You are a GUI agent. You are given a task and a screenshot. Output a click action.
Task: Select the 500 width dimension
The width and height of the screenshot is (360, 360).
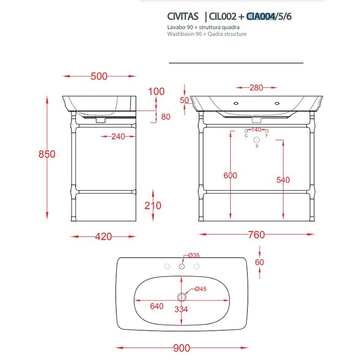click(99, 76)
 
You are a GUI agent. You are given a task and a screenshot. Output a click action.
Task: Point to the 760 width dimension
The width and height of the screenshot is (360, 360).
click(256, 235)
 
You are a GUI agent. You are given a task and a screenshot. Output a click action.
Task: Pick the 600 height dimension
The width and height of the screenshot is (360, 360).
click(230, 175)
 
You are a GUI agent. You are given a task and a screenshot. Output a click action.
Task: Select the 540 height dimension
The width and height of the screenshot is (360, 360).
click(283, 179)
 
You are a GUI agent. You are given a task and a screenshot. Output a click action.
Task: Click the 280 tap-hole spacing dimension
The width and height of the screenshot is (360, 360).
click(257, 87)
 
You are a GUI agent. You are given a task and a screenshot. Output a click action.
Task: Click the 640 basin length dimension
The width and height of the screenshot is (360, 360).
click(157, 306)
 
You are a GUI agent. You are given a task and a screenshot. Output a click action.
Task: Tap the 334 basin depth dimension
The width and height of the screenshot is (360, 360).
click(182, 309)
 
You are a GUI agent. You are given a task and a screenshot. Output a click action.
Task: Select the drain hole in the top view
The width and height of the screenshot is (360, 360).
click(182, 297)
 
